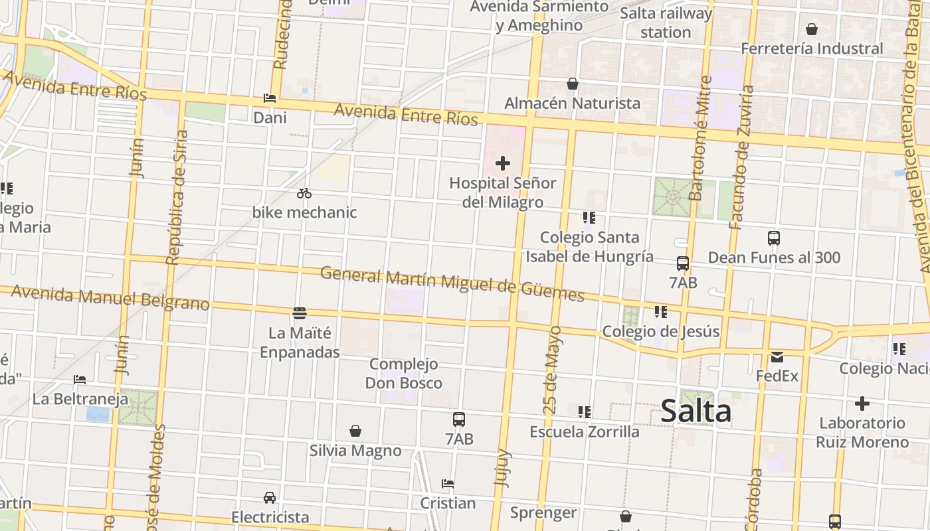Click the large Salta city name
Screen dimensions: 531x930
point(696,412)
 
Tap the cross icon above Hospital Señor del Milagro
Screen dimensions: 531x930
point(503,163)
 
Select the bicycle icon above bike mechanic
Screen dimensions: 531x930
point(304,193)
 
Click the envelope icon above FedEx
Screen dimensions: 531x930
point(777,357)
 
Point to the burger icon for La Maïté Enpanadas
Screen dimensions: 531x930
point(300,313)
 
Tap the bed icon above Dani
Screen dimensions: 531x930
point(270,98)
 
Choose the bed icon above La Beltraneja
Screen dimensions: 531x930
point(80,380)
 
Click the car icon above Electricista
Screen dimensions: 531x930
point(270,497)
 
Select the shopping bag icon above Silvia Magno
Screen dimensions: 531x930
point(355,431)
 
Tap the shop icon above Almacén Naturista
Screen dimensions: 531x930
point(572,84)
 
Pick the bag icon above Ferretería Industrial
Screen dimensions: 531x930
point(811,29)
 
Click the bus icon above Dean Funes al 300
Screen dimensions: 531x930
point(774,238)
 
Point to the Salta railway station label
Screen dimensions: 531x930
point(666,23)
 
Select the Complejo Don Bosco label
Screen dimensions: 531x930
point(404,373)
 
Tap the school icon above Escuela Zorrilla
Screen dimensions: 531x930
point(585,412)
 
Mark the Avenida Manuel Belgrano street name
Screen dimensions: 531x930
point(110,298)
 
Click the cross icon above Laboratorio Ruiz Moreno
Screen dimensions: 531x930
point(862,404)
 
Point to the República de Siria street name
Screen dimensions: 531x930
point(177,198)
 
